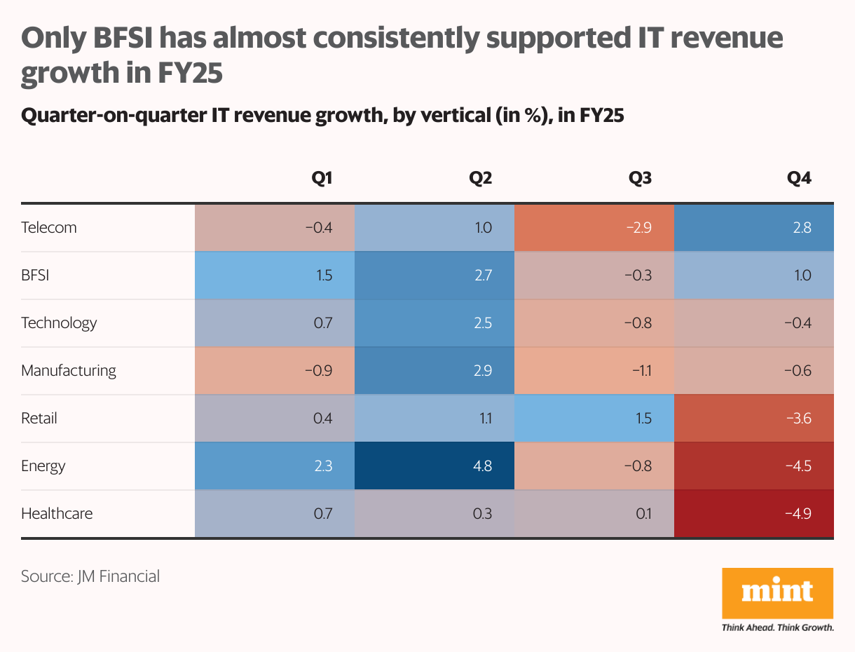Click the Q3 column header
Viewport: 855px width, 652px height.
point(641,178)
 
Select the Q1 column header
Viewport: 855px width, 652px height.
point(322,178)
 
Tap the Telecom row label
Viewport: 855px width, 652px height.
point(49,228)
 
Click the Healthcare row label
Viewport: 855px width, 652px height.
point(57,514)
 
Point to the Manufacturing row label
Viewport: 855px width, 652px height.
point(69,371)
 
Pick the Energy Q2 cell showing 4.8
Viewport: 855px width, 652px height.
point(435,466)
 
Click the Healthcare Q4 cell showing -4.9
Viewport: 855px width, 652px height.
point(754,514)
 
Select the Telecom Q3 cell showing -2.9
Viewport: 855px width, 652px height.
point(594,228)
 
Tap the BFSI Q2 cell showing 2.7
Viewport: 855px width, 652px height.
point(435,276)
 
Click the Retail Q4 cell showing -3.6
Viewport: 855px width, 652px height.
point(754,419)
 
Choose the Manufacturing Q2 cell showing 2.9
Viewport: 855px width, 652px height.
point(435,371)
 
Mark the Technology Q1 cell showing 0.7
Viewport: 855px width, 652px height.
point(275,323)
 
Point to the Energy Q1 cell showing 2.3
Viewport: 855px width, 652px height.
point(275,466)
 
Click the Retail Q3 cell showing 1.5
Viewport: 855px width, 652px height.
point(594,419)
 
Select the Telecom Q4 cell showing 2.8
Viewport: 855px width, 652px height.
point(754,228)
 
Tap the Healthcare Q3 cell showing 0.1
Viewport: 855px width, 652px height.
point(594,514)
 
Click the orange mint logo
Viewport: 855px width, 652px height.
point(777,592)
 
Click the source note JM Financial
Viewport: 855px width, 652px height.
point(90,577)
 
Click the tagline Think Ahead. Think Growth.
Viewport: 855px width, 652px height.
point(777,627)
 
